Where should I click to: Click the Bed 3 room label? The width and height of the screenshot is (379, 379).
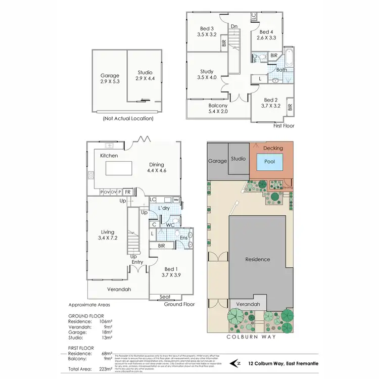206,31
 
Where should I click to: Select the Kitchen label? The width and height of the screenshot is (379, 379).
109,156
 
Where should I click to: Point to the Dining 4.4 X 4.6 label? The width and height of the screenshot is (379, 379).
157,167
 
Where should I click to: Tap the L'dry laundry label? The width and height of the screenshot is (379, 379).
163,208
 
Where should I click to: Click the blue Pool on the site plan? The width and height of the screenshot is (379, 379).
269,162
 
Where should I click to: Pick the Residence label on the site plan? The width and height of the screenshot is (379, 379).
257,259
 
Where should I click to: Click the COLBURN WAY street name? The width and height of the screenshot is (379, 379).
250,336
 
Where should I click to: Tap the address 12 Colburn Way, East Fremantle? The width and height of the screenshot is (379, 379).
278,363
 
